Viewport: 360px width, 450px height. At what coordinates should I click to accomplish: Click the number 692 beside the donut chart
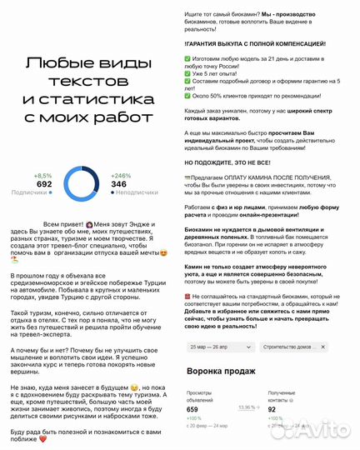tap(44, 183)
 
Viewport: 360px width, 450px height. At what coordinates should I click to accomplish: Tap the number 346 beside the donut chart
tap(119, 183)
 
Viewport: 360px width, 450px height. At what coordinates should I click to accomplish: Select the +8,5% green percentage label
tap(42, 175)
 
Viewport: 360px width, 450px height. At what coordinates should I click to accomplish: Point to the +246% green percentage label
tap(121, 175)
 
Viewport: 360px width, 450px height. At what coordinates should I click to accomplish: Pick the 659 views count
tap(193, 409)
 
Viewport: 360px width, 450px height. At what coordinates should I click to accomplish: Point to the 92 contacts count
tap(272, 409)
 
